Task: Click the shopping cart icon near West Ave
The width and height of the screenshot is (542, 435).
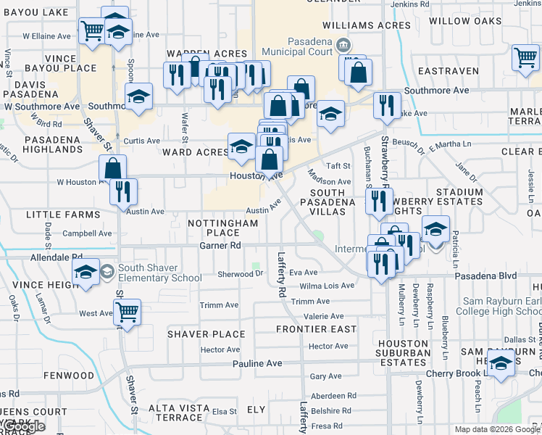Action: [x=128, y=312]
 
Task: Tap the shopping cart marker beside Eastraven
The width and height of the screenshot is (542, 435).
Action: [x=525, y=57]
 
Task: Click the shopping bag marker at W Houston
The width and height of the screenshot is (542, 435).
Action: [x=113, y=168]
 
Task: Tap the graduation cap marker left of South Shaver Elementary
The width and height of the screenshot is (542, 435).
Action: [x=86, y=272]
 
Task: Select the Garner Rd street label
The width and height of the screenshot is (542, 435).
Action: [x=220, y=246]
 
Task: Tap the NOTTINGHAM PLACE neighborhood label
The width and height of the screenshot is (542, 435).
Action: [x=223, y=228]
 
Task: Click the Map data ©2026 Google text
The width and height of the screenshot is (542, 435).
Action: [x=496, y=429]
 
